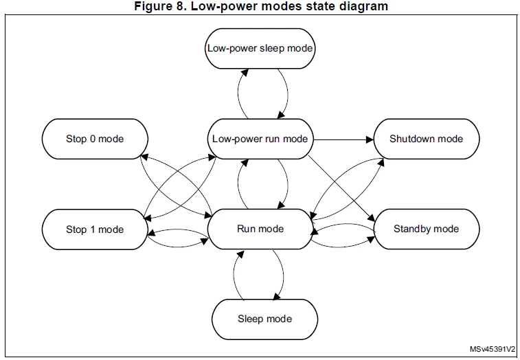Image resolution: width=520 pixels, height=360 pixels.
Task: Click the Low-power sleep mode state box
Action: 260,49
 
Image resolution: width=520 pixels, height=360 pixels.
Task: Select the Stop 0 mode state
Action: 95,139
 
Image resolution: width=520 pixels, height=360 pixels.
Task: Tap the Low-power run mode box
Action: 260,139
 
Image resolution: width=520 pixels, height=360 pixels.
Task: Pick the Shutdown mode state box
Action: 427,139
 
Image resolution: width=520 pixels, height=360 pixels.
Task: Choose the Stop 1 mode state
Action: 95,229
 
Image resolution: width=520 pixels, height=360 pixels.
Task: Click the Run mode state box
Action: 260,229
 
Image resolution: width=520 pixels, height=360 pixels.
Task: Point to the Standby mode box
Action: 427,229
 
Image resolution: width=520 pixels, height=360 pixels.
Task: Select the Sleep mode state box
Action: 264,319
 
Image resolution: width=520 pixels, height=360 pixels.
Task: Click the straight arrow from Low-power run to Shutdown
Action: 343,139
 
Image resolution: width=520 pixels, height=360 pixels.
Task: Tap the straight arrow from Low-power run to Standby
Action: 341,188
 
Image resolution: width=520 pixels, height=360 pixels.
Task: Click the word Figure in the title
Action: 151,6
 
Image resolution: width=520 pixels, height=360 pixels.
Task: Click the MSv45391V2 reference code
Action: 492,349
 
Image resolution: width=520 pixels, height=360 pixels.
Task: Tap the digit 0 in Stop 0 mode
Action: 93,139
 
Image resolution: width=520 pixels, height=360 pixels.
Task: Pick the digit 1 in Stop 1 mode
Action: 93,229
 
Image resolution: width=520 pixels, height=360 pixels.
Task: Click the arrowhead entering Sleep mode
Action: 276,296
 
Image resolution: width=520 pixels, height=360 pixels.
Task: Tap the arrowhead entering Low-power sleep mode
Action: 245,73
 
